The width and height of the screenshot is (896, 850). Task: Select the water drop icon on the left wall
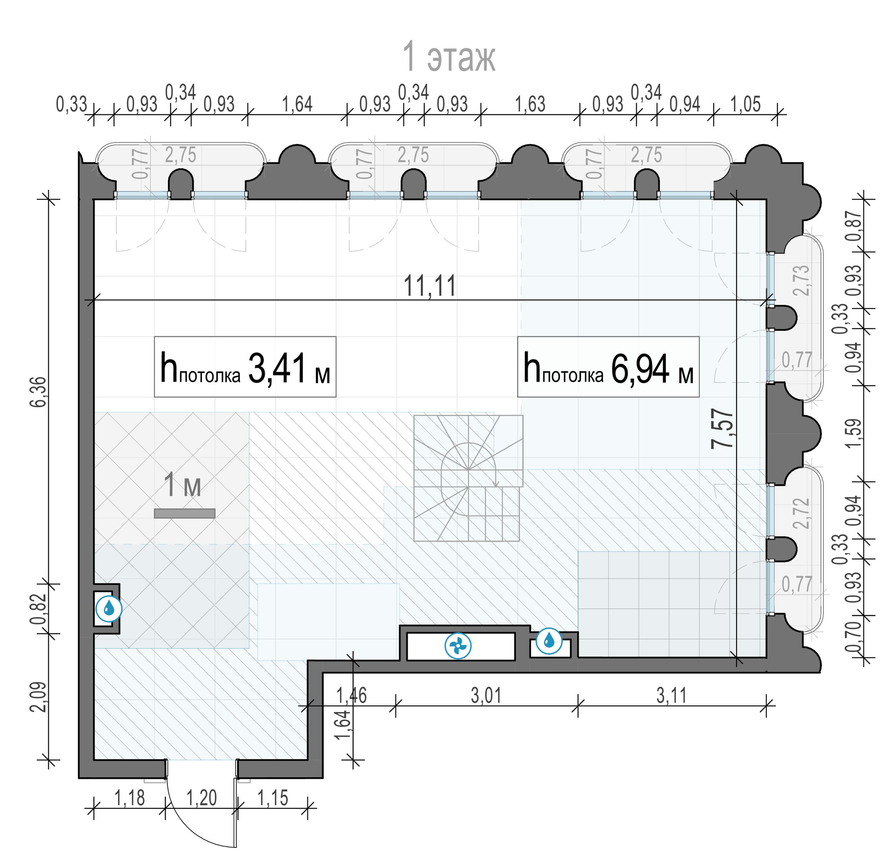pos(109,609)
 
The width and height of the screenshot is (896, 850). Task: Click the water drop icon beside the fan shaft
pos(549,641)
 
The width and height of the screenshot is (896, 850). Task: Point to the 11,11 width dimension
pos(429,286)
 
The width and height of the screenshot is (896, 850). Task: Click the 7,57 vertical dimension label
pos(722,429)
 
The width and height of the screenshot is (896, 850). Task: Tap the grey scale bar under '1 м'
pos(185,513)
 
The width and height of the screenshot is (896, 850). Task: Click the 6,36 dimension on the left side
pos(39,391)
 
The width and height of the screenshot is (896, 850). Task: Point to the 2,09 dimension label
pos(39,697)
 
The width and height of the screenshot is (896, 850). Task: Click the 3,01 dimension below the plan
pos(486,695)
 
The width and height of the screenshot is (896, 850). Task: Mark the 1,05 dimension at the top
pos(745,104)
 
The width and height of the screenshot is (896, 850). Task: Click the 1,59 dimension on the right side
pos(853,433)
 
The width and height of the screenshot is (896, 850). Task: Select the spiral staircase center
pos(468,470)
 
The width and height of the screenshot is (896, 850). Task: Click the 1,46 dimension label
pos(352,695)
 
